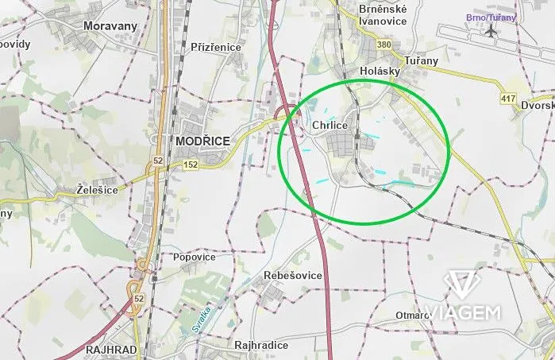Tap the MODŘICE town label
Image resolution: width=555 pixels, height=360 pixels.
pos(202,141)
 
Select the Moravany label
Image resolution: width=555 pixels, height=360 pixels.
pos(110,26)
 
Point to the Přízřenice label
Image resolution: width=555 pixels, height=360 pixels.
pos(216,48)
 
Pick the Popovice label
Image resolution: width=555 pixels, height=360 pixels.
pos(194,257)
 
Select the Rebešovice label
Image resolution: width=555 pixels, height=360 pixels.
pos(293,275)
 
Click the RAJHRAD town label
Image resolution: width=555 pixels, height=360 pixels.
pos(113,350)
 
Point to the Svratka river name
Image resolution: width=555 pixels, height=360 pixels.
pos(204,319)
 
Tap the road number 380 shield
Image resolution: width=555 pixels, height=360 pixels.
pos(384,45)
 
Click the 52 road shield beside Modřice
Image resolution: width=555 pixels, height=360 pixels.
pos(157,161)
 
